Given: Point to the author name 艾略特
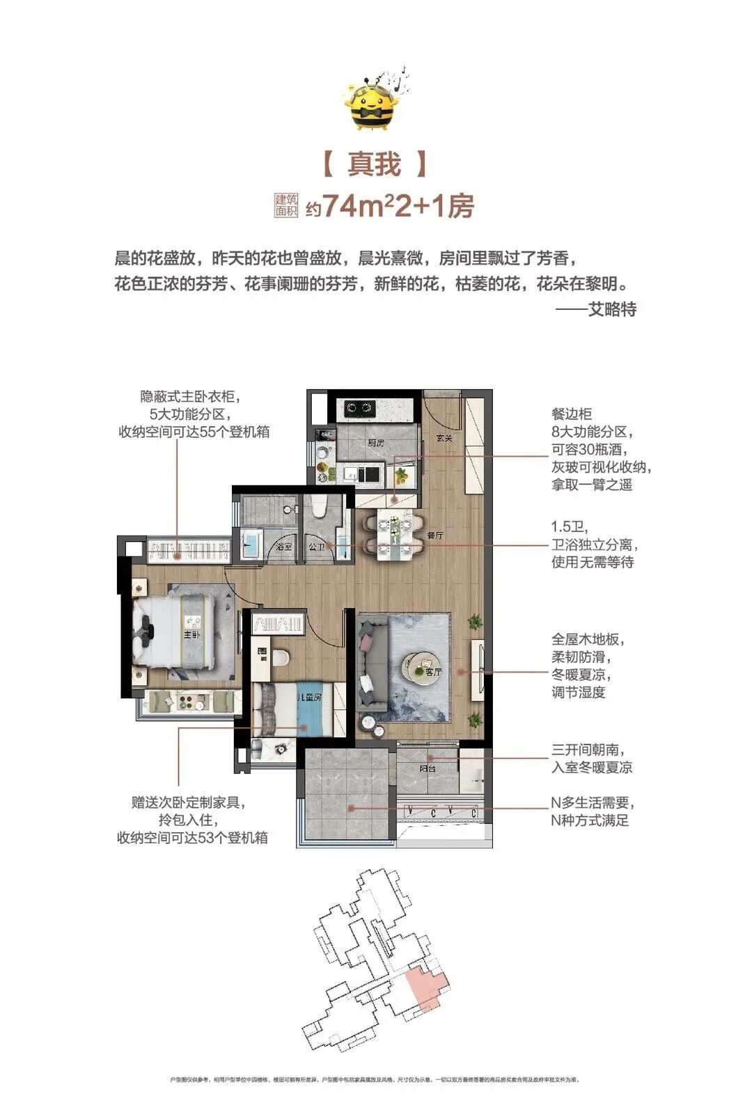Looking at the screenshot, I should pos(612,308).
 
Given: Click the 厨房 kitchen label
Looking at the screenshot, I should pos(376,442).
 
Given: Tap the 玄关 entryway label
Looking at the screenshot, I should pos(444,438).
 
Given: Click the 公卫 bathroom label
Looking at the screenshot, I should pos(317,547).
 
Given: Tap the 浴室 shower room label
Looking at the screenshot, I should pos(283,547).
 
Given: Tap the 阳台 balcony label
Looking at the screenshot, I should pos(428,769).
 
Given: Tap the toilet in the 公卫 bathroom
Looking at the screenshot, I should pos(319,508).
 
